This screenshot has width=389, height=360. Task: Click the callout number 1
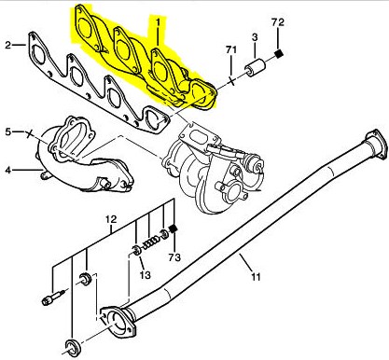click(x=158, y=22)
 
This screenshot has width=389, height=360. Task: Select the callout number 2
click(x=8, y=46)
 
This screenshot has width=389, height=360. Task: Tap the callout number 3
click(x=255, y=37)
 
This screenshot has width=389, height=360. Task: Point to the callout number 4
click(x=8, y=171)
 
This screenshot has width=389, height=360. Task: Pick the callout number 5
click(x=8, y=132)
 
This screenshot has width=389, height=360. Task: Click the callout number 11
click(x=256, y=276)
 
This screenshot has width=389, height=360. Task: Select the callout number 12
click(x=111, y=219)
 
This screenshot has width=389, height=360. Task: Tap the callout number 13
click(x=145, y=274)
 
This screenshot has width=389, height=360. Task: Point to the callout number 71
click(x=231, y=49)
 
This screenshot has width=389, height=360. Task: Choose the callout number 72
click(x=278, y=22)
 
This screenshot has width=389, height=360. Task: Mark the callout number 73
click(x=174, y=257)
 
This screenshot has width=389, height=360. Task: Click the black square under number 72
click(x=280, y=54)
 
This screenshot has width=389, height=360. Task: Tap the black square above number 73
click(x=173, y=229)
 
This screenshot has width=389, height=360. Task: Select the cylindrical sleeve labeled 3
click(x=255, y=68)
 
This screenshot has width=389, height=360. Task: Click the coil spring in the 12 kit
click(x=151, y=243)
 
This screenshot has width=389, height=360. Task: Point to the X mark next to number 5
click(x=29, y=133)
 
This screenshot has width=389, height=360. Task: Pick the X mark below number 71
click(x=231, y=81)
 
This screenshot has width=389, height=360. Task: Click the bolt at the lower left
click(x=53, y=297)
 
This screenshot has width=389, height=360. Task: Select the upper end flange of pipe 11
click(x=374, y=143)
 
